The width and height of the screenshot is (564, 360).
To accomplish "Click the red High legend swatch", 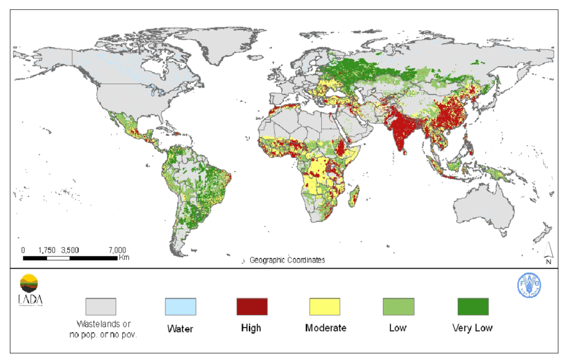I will (x=251, y=306).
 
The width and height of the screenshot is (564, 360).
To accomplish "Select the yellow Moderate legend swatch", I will (x=324, y=306).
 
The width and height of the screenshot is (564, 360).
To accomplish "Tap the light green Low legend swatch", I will (x=398, y=306).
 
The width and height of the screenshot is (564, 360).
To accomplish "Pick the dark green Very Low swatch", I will (x=472, y=306).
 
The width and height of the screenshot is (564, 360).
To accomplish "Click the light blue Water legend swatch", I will (x=180, y=306).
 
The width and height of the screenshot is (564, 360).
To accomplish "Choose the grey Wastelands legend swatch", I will (x=100, y=306).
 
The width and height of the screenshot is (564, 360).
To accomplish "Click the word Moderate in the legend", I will (x=324, y=328).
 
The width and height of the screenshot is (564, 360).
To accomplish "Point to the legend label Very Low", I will (x=472, y=328).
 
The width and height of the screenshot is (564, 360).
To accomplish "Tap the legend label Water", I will (x=180, y=328).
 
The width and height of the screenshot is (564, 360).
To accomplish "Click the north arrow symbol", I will (x=548, y=253).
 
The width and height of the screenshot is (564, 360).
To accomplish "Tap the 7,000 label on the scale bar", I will (x=117, y=250).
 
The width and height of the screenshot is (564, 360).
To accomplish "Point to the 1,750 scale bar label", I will (x=46, y=250).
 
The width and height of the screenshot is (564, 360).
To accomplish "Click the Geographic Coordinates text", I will (x=287, y=260).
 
